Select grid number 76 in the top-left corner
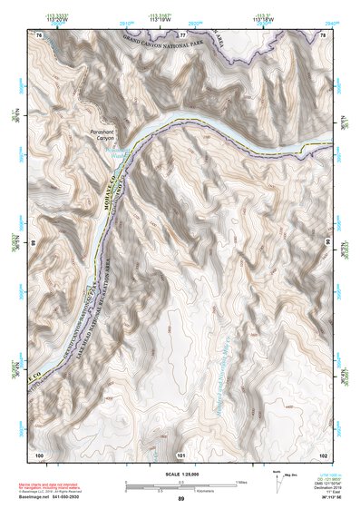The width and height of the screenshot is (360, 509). click(40, 34)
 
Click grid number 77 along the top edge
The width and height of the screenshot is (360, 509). click(181, 34)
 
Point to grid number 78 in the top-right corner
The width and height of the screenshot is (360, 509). click(322, 34)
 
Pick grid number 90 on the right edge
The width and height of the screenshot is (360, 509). click(327, 243)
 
